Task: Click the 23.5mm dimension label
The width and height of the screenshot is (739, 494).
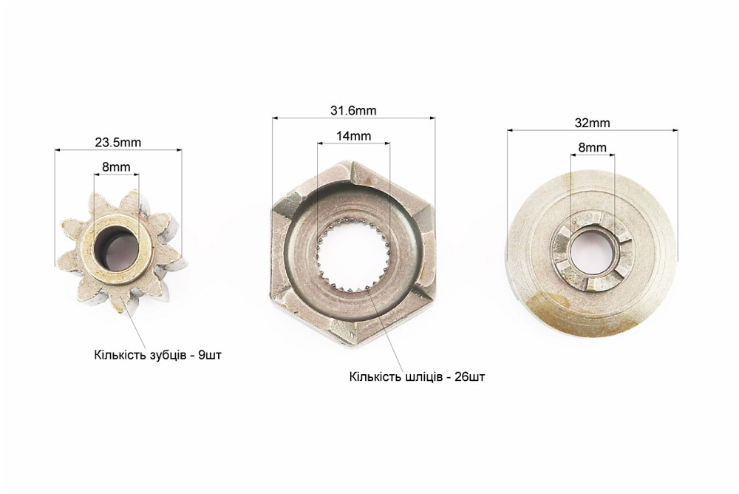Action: [118, 142]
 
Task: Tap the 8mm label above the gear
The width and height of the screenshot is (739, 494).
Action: [116, 166]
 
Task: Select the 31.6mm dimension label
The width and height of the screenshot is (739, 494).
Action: [353, 110]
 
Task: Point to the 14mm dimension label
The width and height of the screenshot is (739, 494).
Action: [353, 136]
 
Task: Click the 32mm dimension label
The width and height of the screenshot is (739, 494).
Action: [593, 123]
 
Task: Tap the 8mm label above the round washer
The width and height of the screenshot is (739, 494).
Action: [593, 147]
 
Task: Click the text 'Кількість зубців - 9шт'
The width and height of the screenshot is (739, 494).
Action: [157, 355]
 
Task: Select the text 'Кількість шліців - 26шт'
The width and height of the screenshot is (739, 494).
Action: [417, 377]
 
